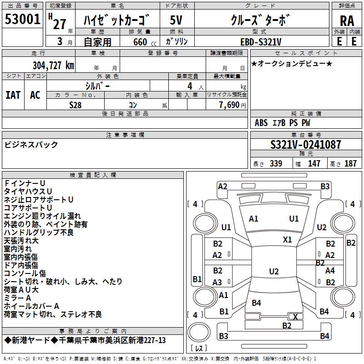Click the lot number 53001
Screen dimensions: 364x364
coord(23,20)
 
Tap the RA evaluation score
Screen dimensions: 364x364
coord(347,21)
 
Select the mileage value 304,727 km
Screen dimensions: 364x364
coord(53,65)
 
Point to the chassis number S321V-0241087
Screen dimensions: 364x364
coord(305,145)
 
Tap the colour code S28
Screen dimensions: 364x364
coord(76,105)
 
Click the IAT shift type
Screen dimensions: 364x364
coord(13,95)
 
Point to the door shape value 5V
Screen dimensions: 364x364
coord(177,20)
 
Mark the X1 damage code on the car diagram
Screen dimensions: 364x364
coord(288,239)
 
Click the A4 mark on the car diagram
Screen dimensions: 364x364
coord(330,271)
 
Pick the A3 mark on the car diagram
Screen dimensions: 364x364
coord(217,282)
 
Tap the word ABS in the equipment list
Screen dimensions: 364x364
coord(261,123)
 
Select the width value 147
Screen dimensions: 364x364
coord(314,164)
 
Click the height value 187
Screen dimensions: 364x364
coord(350,164)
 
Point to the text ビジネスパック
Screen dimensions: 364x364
coord(31,145)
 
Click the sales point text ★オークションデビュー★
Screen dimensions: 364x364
coord(292,63)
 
